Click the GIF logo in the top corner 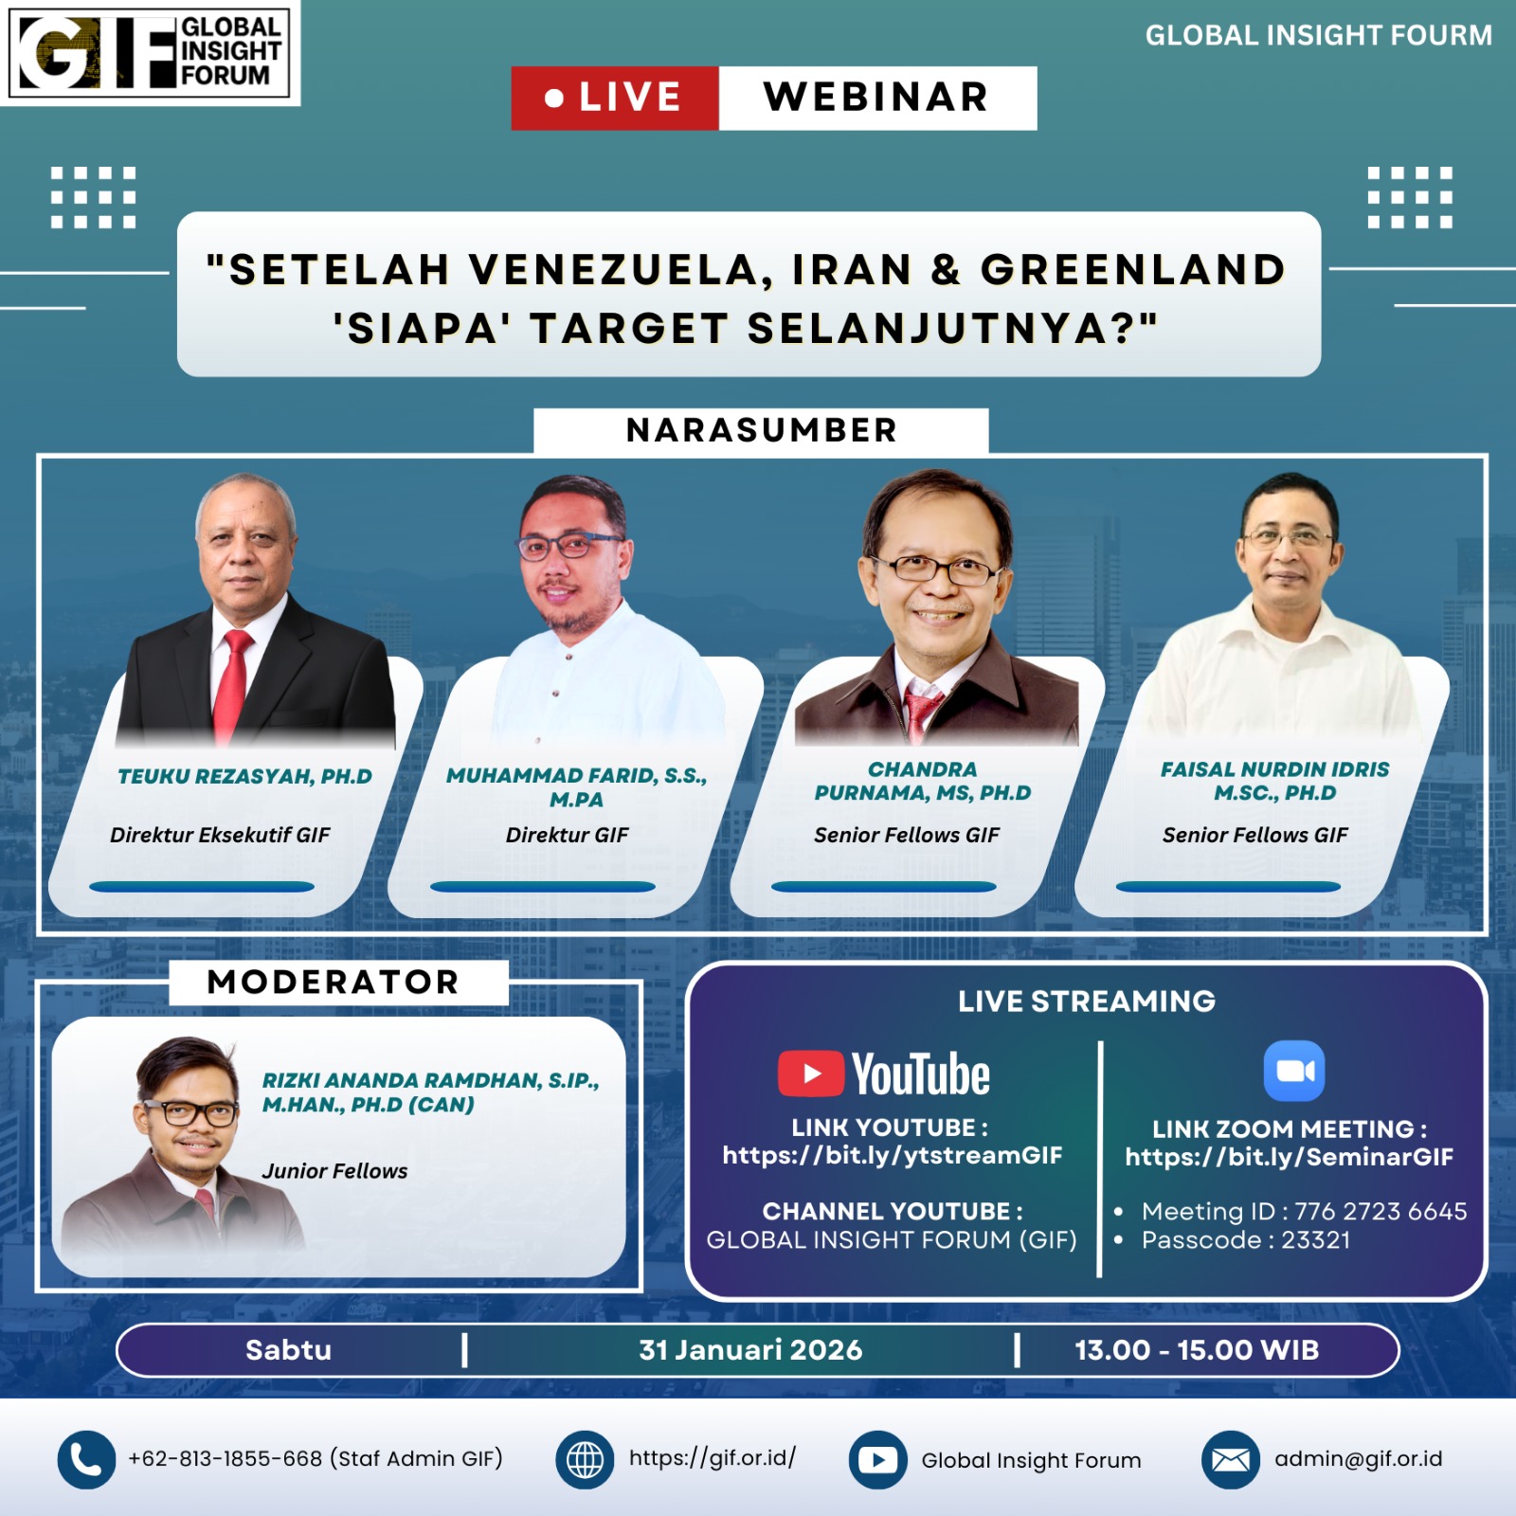tap(150, 52)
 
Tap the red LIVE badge tap(615, 98)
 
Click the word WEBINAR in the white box tap(876, 97)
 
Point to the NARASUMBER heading tap(761, 430)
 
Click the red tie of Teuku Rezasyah tap(230, 682)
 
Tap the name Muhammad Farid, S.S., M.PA tap(576, 787)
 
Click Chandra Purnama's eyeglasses tap(936, 569)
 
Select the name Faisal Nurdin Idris tap(1275, 769)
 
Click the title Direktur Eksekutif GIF tap(220, 835)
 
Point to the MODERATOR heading tap(333, 982)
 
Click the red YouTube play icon tap(811, 1074)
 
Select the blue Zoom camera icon tap(1294, 1071)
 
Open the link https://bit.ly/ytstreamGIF tap(893, 1155)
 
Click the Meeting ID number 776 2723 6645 tap(1381, 1211)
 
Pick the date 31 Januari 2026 tap(750, 1350)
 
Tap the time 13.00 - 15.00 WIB tap(1197, 1350)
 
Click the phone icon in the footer tap(86, 1459)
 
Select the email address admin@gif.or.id tap(1358, 1459)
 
